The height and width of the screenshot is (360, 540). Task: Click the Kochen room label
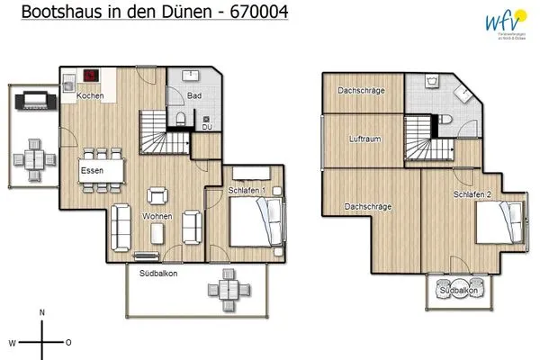89,95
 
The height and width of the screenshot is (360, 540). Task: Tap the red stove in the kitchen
90,76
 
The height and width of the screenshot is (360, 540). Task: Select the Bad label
193,95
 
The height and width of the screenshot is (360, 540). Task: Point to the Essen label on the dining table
91,169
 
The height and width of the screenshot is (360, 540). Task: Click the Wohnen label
157,217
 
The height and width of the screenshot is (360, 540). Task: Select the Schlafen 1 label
244,190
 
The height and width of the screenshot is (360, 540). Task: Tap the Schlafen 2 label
472,194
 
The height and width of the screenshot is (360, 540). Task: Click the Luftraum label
365,139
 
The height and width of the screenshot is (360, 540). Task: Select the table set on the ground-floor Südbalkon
222,290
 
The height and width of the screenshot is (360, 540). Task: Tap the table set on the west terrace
31,159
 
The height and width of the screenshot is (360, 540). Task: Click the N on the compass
42,312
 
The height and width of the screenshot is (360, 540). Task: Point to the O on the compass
68,343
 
